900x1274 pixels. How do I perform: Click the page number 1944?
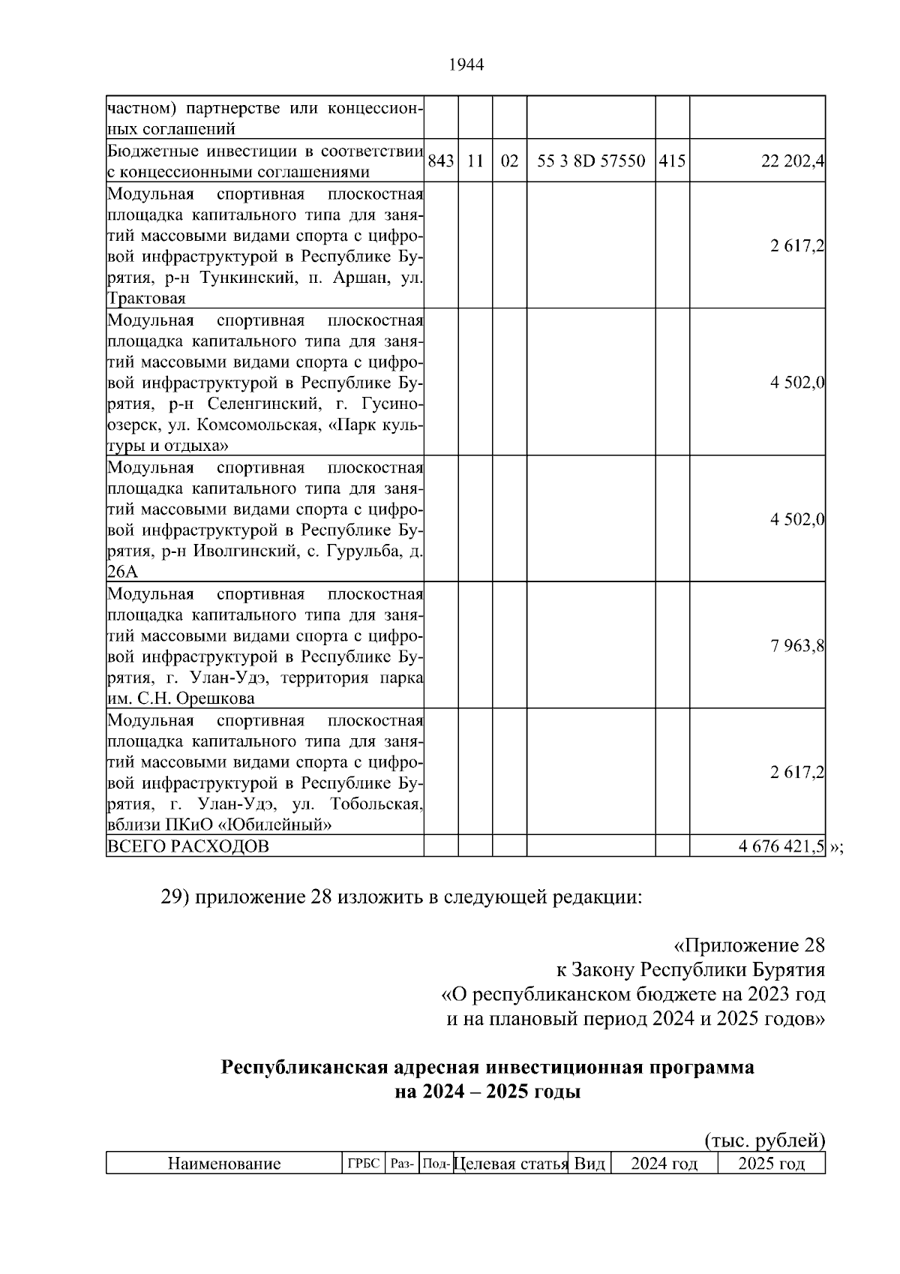click(x=466, y=65)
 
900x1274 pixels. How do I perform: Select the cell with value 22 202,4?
click(x=793, y=161)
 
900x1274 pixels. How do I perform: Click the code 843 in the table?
click(x=441, y=161)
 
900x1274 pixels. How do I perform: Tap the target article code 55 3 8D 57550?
click(x=591, y=161)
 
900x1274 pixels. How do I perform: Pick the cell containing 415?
click(x=672, y=161)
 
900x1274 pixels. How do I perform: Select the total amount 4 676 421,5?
click(x=781, y=846)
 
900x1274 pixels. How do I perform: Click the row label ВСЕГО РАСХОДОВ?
click(x=188, y=846)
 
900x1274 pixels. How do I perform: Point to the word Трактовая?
click(x=146, y=299)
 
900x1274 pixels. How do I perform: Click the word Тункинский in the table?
click(x=239, y=278)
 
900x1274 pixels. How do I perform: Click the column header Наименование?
click(x=224, y=1164)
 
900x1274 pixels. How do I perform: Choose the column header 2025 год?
click(x=771, y=1164)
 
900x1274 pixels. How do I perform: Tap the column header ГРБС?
click(x=364, y=1164)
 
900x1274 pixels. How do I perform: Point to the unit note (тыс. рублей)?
click(x=765, y=1140)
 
